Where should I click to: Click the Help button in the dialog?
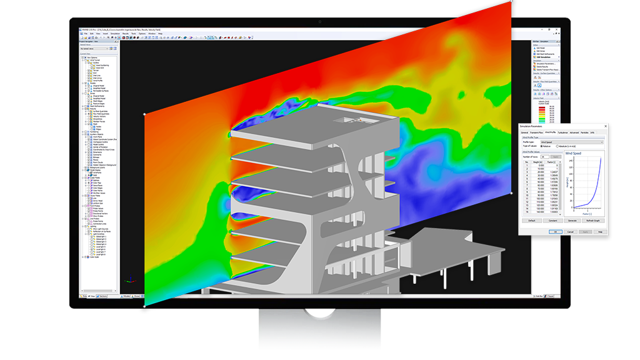click(600, 231)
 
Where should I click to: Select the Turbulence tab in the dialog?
click(562, 132)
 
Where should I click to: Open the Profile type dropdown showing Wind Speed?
click(572, 141)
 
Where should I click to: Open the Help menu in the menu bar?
click(161, 33)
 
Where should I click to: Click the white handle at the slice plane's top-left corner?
click(145, 114)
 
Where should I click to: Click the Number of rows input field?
click(545, 157)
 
